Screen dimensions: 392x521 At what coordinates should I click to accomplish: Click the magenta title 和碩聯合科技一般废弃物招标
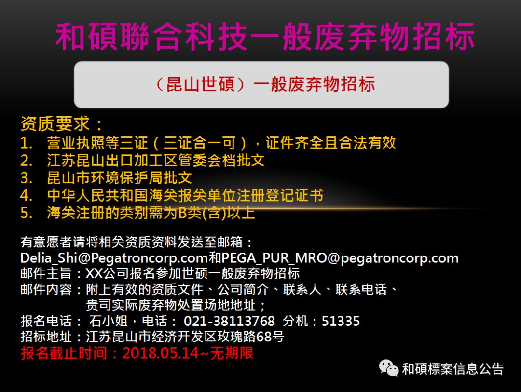point(265,36)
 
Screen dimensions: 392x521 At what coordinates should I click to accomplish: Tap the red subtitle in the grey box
point(264,85)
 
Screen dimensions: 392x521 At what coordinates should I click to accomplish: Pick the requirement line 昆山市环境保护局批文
point(120,177)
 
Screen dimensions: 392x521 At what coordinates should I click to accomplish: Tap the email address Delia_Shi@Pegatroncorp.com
point(114,257)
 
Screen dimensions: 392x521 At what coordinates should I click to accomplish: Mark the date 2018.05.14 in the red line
point(160,353)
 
